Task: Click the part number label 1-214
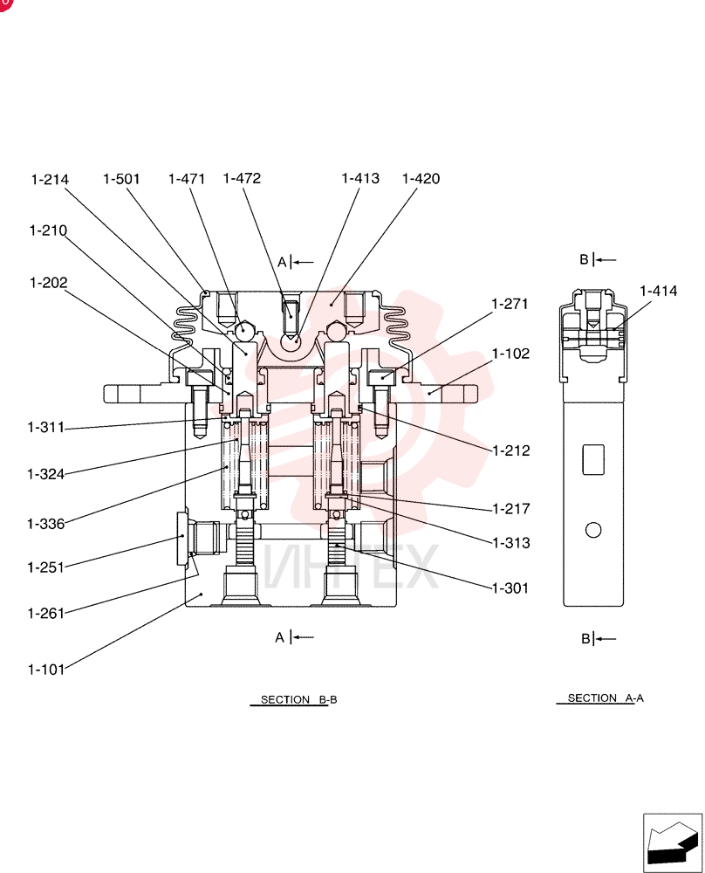[50, 179]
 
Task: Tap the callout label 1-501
[121, 179]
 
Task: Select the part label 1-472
[242, 178]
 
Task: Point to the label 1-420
[421, 179]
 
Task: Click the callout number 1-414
[659, 291]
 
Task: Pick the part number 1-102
[510, 354]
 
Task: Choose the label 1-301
[510, 588]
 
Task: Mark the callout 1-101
[46, 670]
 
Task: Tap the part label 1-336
[46, 524]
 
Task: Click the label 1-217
[511, 509]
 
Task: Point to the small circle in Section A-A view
[593, 530]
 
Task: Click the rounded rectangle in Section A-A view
[593, 459]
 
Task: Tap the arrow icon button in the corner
[673, 843]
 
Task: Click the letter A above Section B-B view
[282, 262]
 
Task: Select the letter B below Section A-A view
[585, 639]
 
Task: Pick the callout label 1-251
[46, 567]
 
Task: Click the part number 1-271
[510, 304]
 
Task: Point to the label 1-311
[46, 428]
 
